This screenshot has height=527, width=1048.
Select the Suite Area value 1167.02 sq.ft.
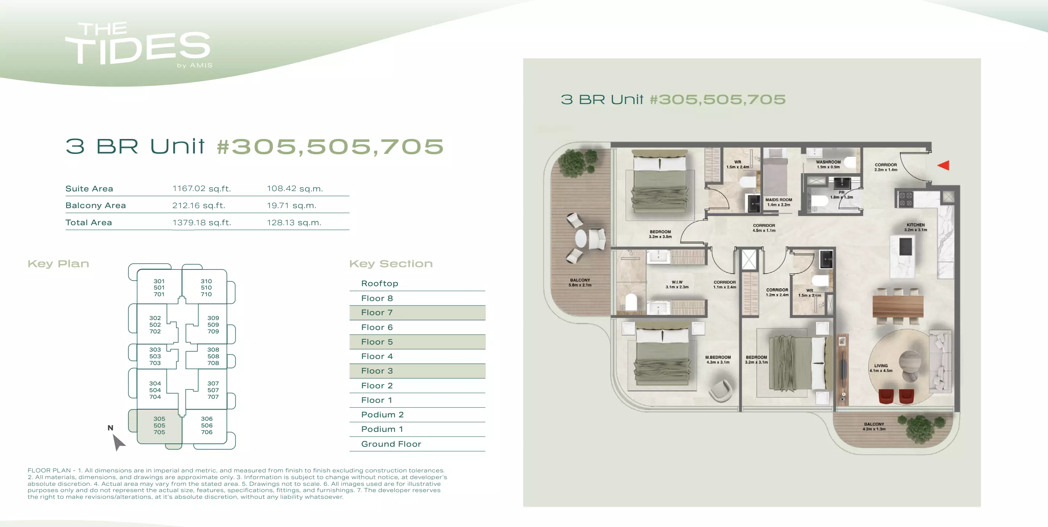(202, 189)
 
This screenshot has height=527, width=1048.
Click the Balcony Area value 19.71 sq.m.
(291, 206)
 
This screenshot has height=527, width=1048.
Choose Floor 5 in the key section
(377, 342)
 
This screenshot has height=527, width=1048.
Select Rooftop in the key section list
(380, 284)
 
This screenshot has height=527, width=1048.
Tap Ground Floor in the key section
(391, 444)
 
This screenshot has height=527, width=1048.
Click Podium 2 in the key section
(382, 415)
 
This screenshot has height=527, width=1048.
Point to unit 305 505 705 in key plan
(160, 425)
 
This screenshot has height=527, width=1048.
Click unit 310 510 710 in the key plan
(206, 288)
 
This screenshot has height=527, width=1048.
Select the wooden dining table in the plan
(898, 307)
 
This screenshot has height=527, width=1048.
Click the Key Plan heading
(58, 263)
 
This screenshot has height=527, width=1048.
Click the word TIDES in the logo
(138, 49)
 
